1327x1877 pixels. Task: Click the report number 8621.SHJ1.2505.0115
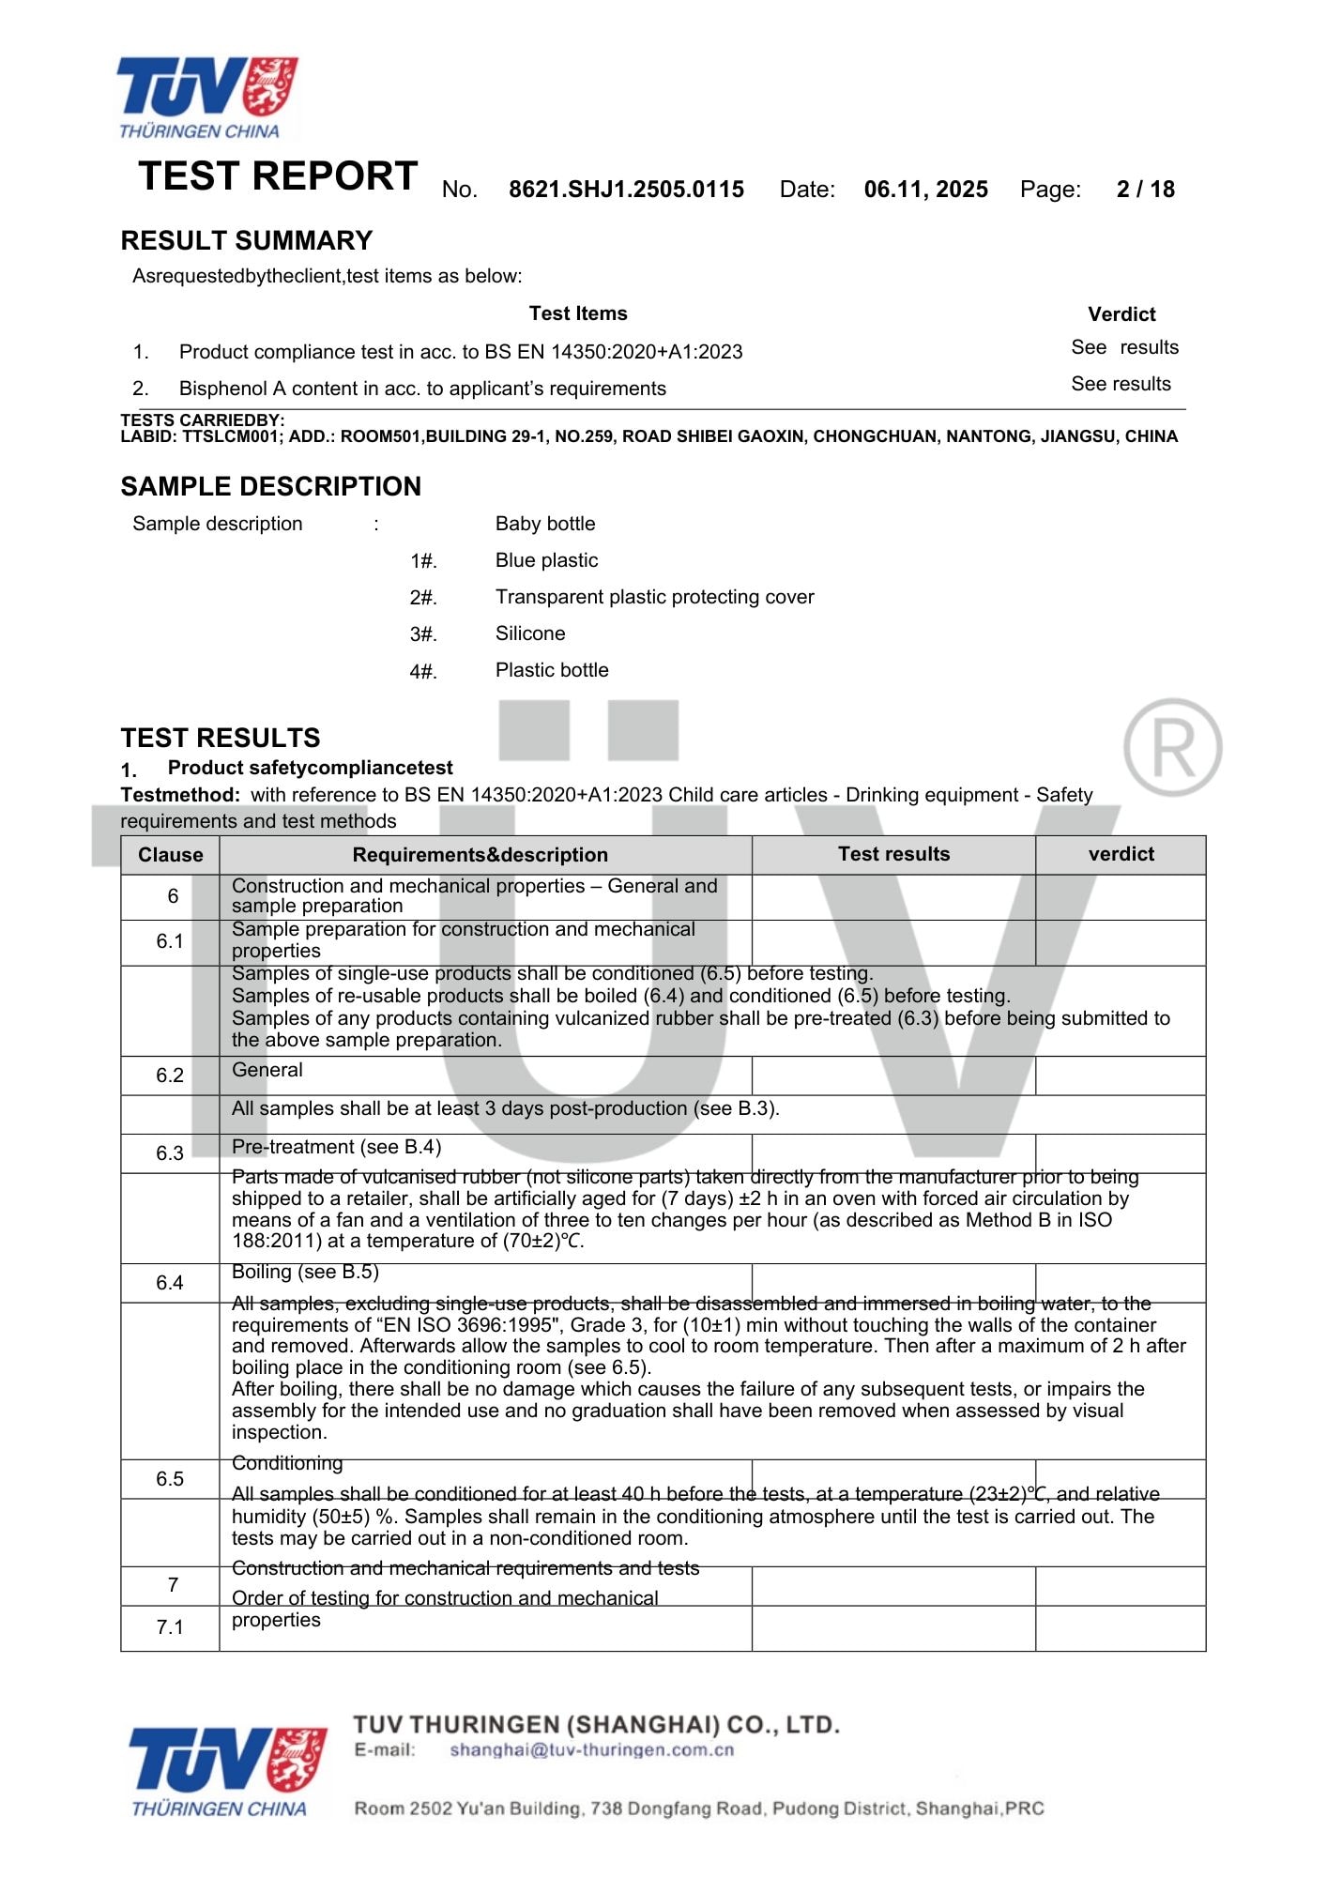(x=626, y=190)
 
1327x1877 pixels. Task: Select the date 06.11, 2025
(x=925, y=190)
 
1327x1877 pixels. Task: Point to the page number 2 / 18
(x=1145, y=190)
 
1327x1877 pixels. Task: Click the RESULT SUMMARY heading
(x=247, y=241)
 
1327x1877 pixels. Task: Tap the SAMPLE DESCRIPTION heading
(x=270, y=486)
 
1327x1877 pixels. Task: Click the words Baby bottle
(x=545, y=524)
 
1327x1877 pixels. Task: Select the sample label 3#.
(x=423, y=634)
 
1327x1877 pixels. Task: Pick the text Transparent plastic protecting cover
(x=654, y=597)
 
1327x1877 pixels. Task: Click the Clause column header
(x=170, y=855)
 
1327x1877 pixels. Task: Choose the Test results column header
(x=893, y=854)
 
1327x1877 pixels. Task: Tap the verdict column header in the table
(x=1121, y=854)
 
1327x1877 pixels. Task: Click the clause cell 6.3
(x=170, y=1153)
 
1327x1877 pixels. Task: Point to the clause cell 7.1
(x=170, y=1627)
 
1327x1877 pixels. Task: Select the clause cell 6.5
(x=170, y=1479)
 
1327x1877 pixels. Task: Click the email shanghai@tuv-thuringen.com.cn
(x=591, y=1750)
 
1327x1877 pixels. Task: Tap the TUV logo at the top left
(x=206, y=97)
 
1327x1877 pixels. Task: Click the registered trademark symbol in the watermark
(x=1172, y=747)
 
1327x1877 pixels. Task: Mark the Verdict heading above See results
(x=1121, y=314)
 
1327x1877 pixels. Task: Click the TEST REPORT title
(x=278, y=176)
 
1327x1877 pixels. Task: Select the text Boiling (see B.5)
(x=305, y=1273)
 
